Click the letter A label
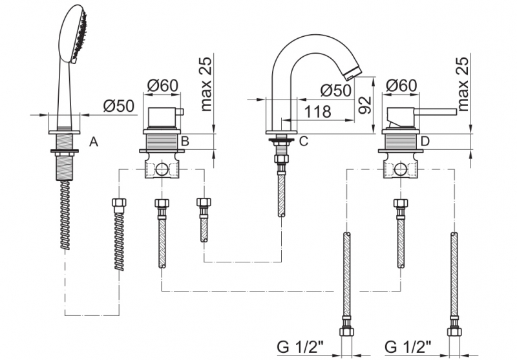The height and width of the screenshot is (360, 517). click(x=93, y=142)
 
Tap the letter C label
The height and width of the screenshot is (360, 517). click(x=303, y=141)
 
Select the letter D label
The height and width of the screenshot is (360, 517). click(x=425, y=141)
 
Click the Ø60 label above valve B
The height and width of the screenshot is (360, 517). click(x=162, y=85)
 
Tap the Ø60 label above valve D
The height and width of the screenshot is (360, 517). click(x=401, y=85)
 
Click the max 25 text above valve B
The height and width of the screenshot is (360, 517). click(x=206, y=83)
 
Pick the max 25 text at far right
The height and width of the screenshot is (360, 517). click(x=463, y=83)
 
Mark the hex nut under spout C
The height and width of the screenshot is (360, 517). click(x=281, y=159)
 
